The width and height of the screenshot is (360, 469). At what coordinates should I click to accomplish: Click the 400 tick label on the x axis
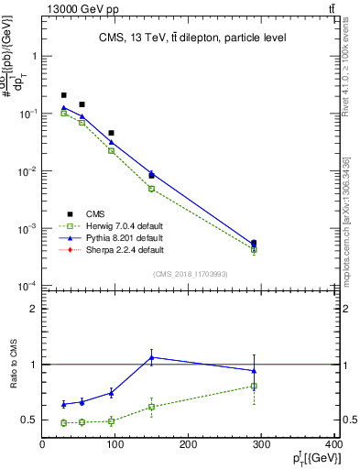point(333,446)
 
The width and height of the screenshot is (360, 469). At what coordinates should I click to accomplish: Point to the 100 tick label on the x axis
point(115,446)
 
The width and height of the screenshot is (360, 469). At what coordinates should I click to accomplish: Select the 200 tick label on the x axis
point(189,446)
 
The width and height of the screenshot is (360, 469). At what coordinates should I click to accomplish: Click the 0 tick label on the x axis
point(42,446)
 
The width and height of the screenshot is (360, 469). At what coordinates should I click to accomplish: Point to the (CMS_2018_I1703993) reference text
point(191,273)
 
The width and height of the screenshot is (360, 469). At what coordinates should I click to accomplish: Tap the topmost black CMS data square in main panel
point(64,95)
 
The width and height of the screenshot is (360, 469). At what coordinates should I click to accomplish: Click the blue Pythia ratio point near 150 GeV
point(152,357)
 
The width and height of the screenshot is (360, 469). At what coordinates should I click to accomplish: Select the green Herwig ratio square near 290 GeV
point(254,386)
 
